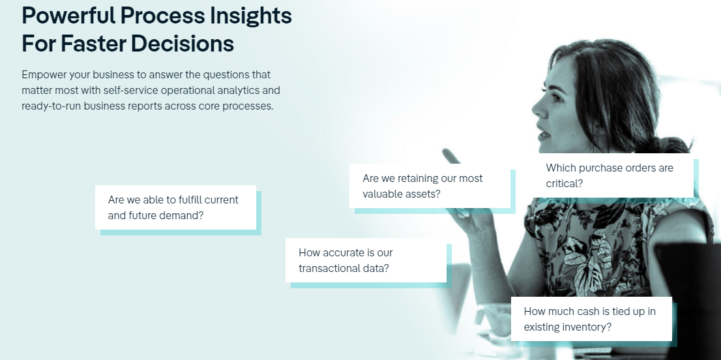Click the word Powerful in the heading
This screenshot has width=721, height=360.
(x=68, y=16)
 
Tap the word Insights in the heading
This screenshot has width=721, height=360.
(x=251, y=16)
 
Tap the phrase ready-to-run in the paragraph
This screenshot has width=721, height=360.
(x=51, y=106)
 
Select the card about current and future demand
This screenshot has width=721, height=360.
(x=175, y=207)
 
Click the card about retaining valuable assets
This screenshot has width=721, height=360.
(x=430, y=186)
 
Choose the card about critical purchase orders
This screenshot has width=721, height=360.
(x=613, y=175)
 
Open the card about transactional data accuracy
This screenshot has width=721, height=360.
(x=366, y=260)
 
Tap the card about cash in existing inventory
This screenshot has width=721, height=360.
(x=591, y=319)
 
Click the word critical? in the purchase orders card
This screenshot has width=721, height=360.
(x=564, y=184)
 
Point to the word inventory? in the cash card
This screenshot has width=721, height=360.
(x=590, y=327)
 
